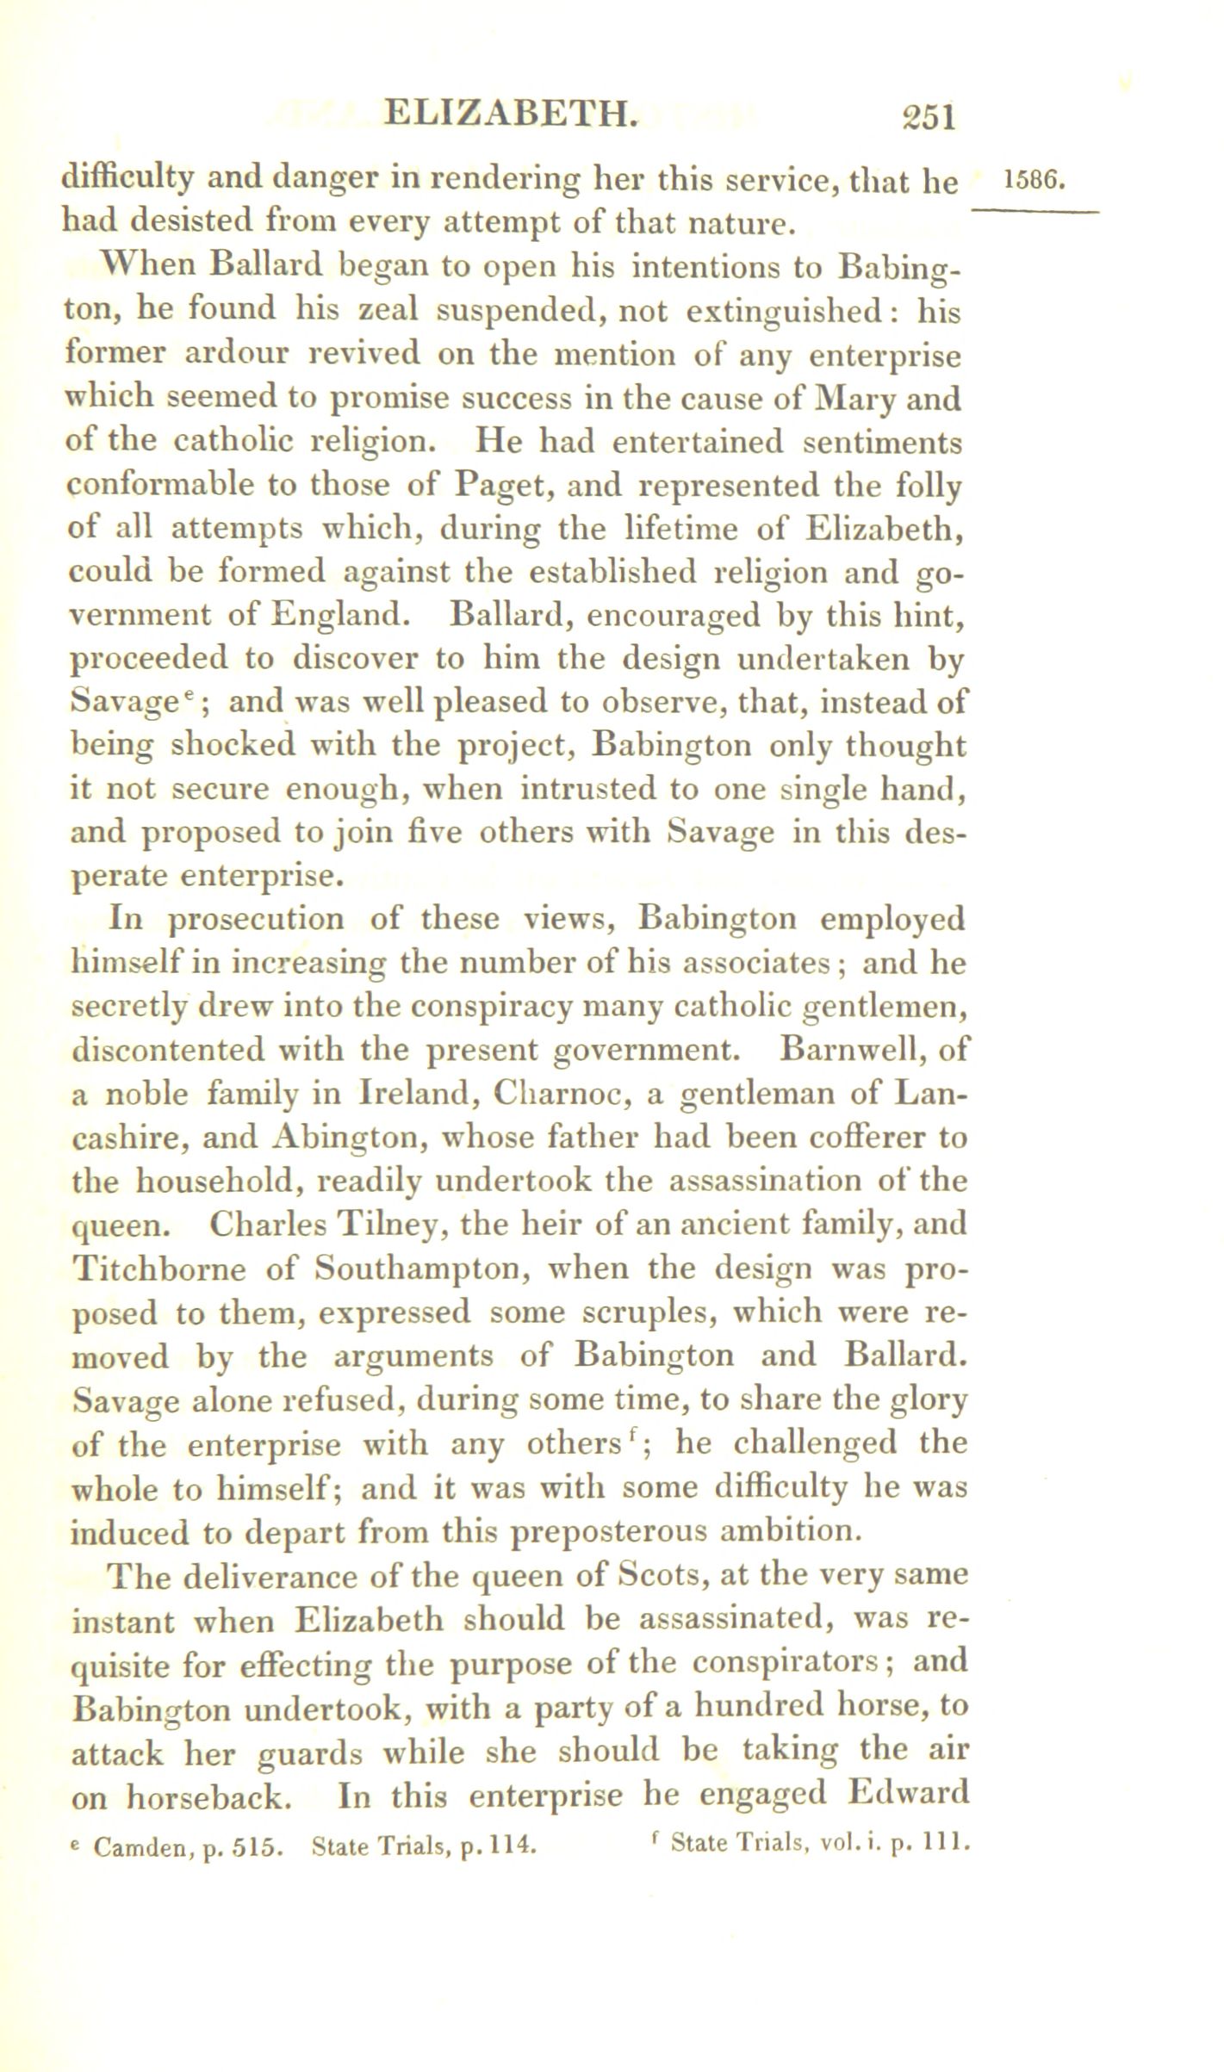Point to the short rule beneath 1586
pyautogui.click(x=1034, y=212)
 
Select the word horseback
pyautogui.click(x=214, y=1797)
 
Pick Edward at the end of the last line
pyautogui.click(x=909, y=1794)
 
